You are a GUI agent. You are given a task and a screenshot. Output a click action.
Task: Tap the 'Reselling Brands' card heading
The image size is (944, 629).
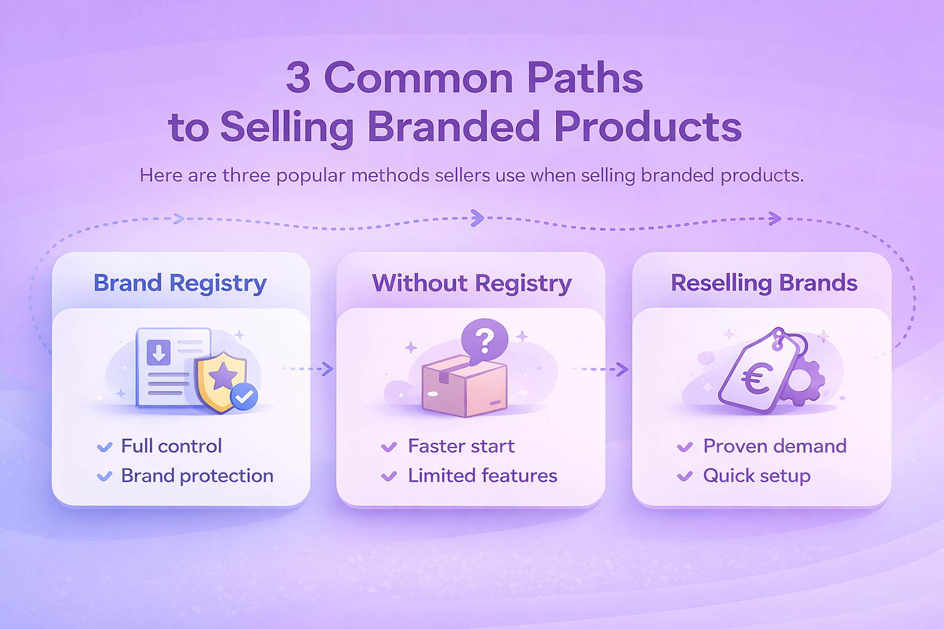point(764,283)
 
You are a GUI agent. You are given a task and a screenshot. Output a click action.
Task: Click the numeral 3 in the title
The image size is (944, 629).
point(298,77)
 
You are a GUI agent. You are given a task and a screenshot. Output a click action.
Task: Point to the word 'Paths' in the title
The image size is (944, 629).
point(585,77)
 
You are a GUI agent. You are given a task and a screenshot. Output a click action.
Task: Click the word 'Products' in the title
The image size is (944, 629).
point(648,126)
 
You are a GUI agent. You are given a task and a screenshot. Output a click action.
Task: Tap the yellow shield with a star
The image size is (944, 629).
point(221,381)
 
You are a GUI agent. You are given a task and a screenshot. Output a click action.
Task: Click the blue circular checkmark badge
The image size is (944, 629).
point(244,396)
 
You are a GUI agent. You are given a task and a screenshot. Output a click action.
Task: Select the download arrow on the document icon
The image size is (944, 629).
point(159,353)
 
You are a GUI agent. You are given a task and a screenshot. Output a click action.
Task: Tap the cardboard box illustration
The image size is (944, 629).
point(465,386)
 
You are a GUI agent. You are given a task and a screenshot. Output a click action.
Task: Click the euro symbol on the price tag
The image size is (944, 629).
point(757,379)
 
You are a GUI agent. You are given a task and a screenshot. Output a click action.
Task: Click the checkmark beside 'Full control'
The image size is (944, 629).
point(104,447)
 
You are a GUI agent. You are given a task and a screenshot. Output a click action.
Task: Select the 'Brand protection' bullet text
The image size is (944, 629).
point(197,476)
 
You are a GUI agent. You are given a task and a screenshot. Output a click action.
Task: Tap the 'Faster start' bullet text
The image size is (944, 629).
point(461,446)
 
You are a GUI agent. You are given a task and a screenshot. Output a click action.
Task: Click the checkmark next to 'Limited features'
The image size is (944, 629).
point(389,477)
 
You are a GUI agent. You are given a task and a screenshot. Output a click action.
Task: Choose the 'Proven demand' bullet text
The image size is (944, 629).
point(774,446)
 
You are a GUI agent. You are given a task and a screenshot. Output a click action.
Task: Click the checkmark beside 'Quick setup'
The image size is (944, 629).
point(685,477)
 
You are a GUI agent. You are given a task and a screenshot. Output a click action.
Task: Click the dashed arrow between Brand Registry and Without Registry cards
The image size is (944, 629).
point(308,369)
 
